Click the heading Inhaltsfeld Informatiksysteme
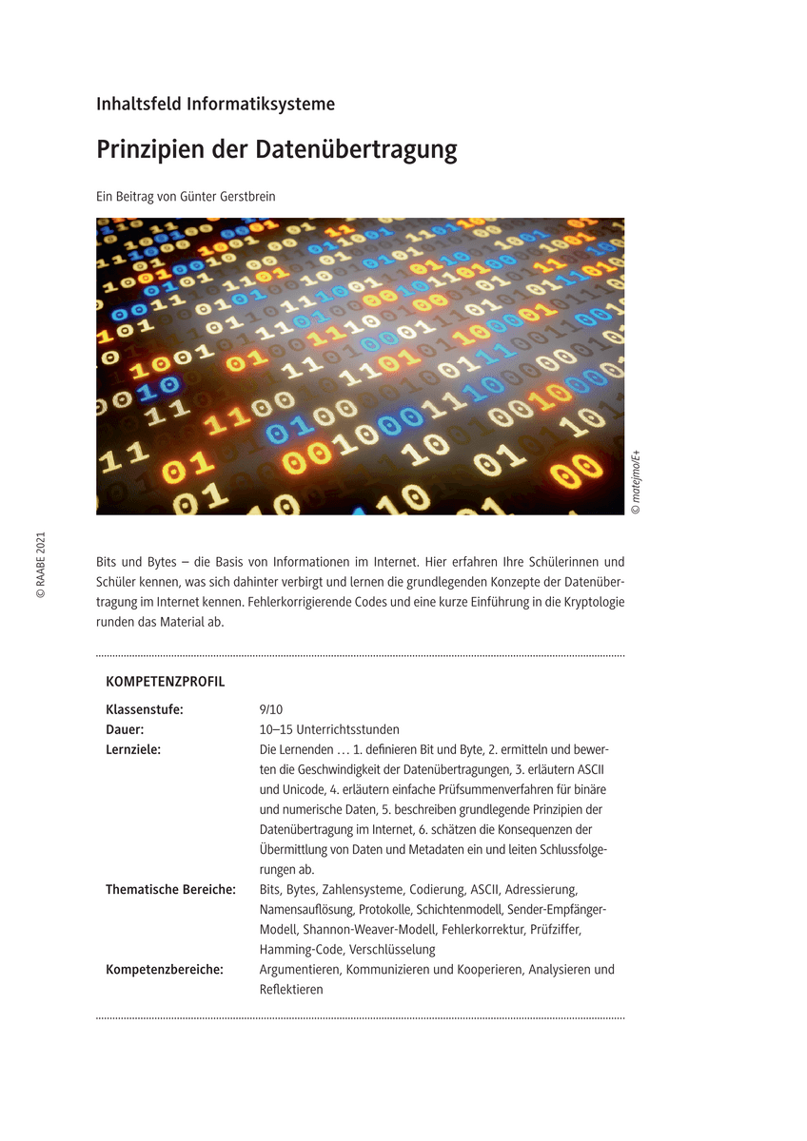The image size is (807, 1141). (x=215, y=105)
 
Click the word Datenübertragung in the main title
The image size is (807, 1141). (x=357, y=150)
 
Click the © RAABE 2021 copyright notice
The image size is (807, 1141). (x=40, y=565)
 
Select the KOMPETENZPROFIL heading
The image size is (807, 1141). (x=166, y=682)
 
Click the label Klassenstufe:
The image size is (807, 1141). (x=145, y=709)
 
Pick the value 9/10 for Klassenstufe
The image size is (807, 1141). (x=271, y=709)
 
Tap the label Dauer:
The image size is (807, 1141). (x=125, y=729)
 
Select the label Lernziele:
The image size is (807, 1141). (x=133, y=749)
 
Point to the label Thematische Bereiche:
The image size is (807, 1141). (x=170, y=889)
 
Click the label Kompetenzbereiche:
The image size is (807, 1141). (x=165, y=969)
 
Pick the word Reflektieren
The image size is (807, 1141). (x=291, y=989)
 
